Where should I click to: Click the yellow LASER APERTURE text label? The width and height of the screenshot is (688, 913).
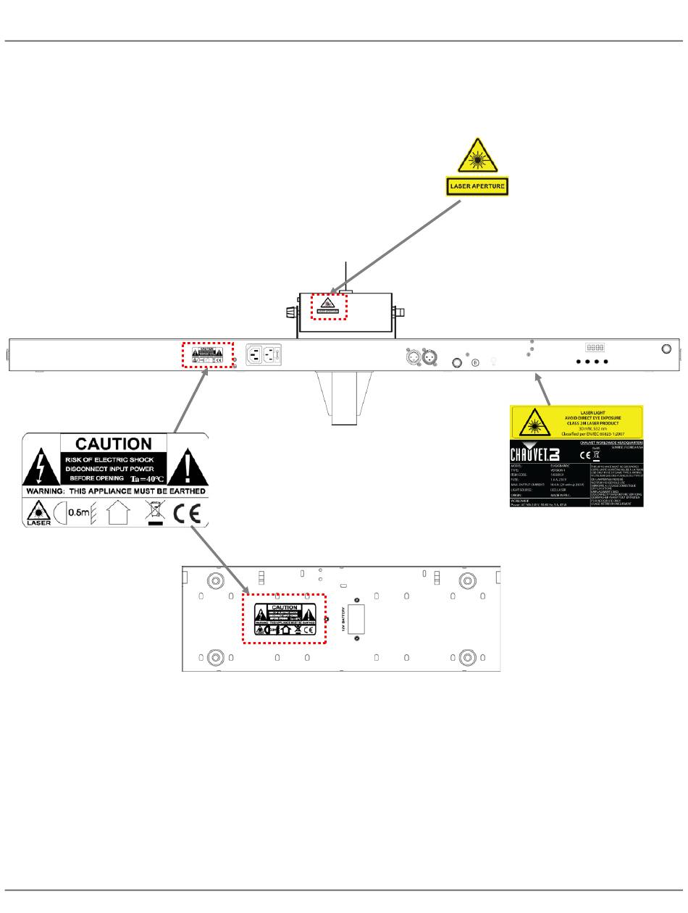pyautogui.click(x=477, y=187)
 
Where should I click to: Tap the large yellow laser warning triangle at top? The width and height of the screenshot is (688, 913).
pyautogui.click(x=477, y=156)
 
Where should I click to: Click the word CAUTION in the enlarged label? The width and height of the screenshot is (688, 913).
pyautogui.click(x=114, y=443)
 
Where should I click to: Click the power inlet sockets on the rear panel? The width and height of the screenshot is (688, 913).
pyautogui.click(x=263, y=354)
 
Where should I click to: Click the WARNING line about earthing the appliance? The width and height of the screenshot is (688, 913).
pyautogui.click(x=116, y=491)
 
